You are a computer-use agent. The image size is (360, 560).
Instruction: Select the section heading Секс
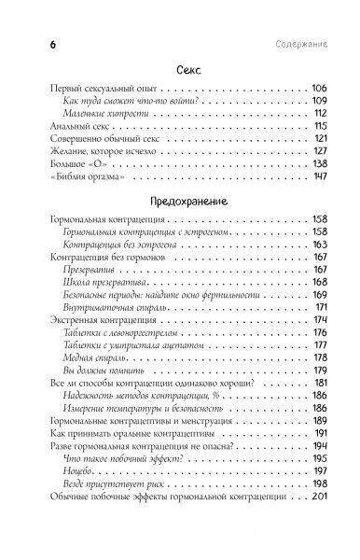[x=179, y=71]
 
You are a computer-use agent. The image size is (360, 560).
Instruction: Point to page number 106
[x=316, y=87]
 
